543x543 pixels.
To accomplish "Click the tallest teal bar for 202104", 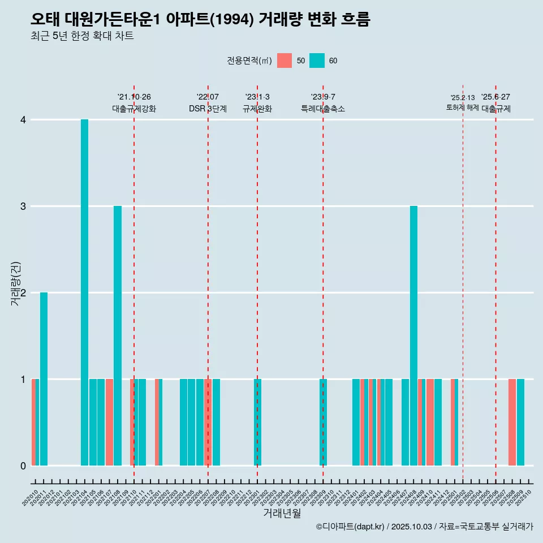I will click(84, 292).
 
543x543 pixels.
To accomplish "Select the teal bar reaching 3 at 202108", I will click(118, 335).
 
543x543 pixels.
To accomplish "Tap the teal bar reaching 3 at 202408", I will click(413, 335).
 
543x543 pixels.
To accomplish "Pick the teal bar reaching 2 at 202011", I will click(44, 379).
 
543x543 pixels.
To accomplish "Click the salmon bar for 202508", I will click(512, 422).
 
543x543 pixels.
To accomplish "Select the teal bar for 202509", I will click(520, 422).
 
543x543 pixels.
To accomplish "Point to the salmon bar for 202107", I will click(109, 422).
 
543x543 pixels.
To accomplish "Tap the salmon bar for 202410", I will click(430, 422).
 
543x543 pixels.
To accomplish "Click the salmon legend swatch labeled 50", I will click(285, 61).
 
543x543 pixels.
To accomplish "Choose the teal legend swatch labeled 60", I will click(317, 61).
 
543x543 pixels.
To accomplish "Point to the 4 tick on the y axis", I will click(23, 120).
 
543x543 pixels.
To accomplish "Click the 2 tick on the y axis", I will click(23, 293).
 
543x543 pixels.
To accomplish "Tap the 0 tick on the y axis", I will click(23, 466).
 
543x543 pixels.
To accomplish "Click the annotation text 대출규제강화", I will click(134, 109).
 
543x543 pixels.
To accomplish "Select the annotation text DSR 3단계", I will click(208, 109).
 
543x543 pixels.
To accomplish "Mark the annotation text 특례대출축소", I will click(322, 109).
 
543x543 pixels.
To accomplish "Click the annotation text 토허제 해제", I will click(462, 107).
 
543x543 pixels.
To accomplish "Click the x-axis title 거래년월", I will click(282, 513).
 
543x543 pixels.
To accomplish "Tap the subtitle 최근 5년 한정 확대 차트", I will click(82, 37).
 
